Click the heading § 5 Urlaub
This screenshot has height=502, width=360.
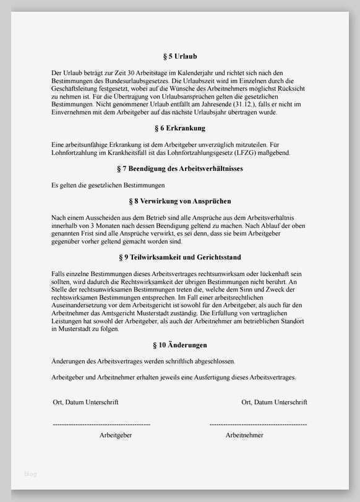point(180,57)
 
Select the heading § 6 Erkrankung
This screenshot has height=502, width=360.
point(180,129)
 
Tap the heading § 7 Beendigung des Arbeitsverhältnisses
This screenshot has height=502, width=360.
point(180,168)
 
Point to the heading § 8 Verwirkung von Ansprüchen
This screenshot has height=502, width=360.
point(180,201)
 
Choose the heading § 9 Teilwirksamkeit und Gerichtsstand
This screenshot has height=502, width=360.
point(180,257)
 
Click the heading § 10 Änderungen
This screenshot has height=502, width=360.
point(180,345)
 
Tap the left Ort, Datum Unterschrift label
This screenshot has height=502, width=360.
point(85,402)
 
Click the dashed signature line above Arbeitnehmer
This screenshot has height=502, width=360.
point(258,425)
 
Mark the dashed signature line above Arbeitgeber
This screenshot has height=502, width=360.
point(101,425)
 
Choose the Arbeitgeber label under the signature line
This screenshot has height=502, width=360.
point(116,435)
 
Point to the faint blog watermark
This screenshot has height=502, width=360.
point(30,474)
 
